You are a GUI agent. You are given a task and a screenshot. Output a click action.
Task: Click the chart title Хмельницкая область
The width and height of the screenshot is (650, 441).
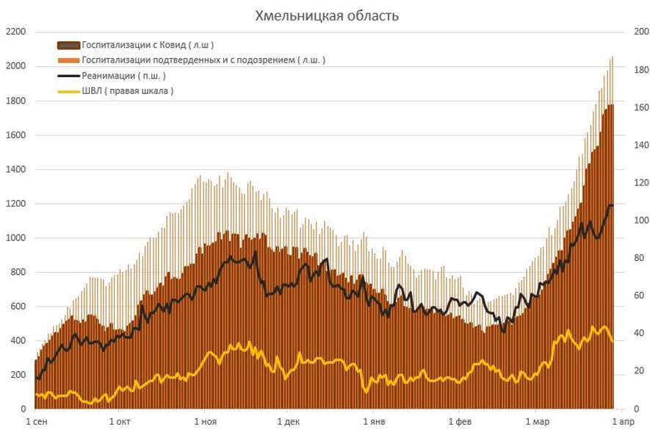327,15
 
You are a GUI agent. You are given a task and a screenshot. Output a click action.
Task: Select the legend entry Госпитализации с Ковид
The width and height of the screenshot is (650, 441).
148,45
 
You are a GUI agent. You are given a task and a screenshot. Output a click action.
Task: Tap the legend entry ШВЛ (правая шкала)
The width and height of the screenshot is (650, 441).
128,91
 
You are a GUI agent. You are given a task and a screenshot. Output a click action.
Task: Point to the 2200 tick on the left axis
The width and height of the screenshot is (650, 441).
15,32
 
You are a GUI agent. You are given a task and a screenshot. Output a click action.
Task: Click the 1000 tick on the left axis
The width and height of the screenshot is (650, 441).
15,238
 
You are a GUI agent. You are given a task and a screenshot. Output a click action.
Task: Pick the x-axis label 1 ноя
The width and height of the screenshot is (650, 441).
205,422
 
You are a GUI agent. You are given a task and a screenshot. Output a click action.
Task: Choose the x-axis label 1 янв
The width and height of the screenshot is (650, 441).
374,422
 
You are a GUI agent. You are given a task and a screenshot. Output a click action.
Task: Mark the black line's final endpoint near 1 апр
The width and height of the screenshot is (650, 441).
613,205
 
